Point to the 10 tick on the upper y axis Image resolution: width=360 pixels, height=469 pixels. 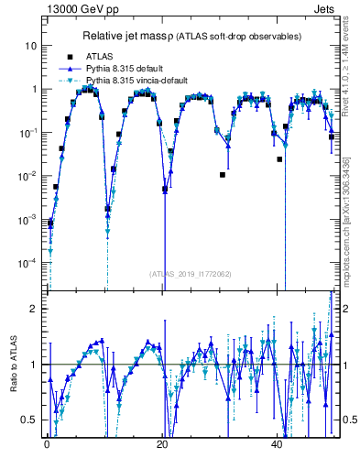(x=31, y=45)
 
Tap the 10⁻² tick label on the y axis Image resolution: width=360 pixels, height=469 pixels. (x=28, y=176)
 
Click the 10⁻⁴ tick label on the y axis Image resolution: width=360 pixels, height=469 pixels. (x=28, y=263)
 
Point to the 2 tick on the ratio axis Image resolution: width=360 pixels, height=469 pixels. (x=34, y=309)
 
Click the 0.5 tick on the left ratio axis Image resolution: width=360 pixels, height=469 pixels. (x=30, y=420)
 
